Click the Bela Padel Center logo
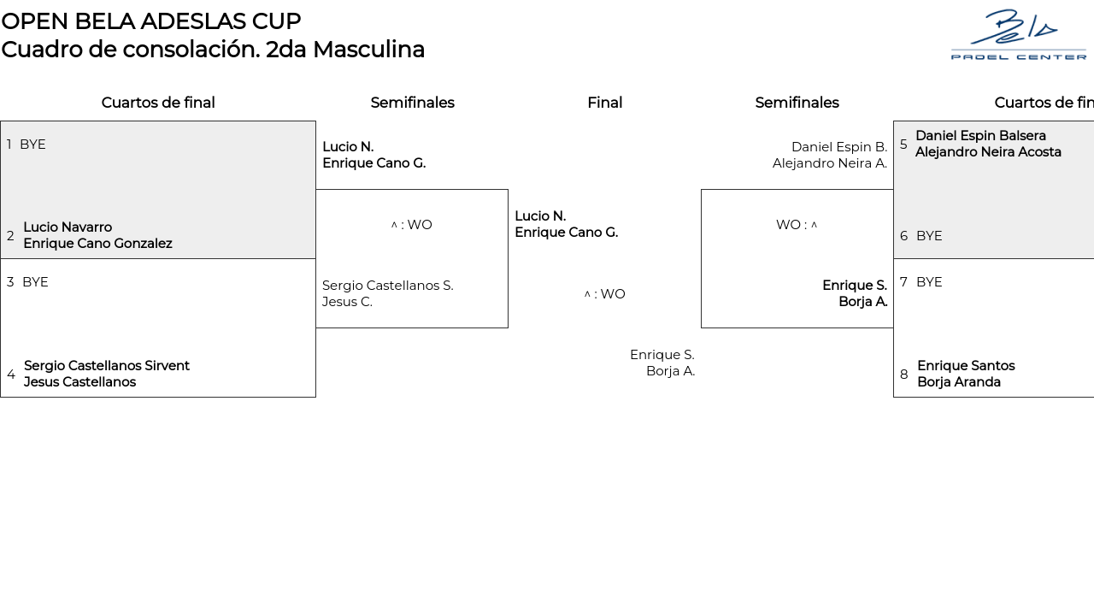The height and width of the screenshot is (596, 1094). point(1018,34)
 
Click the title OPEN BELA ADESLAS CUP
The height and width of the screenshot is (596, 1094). point(151,21)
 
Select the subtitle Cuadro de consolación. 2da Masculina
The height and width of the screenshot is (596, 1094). point(213,50)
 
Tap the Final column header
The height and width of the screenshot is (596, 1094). point(604,103)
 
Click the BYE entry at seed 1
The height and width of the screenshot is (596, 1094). point(32,145)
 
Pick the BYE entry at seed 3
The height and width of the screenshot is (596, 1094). point(35,282)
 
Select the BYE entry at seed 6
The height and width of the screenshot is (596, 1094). point(929,236)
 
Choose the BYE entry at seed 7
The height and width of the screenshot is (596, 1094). point(929,282)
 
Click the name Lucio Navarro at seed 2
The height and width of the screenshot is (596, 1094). point(68,227)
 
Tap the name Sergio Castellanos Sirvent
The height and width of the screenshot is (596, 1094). point(107,366)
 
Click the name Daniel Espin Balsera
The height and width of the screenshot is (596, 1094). point(980,136)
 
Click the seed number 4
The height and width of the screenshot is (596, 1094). point(11,375)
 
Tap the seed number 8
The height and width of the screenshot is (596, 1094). point(904,375)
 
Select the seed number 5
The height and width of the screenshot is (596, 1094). point(904,145)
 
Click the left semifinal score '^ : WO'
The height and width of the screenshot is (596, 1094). point(412,225)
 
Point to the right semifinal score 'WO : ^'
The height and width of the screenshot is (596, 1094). point(797,225)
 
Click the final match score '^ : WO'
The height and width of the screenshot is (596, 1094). point(604,294)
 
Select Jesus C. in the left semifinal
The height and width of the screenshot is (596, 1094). point(347,302)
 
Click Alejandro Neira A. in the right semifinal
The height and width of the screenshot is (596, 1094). point(829,163)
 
